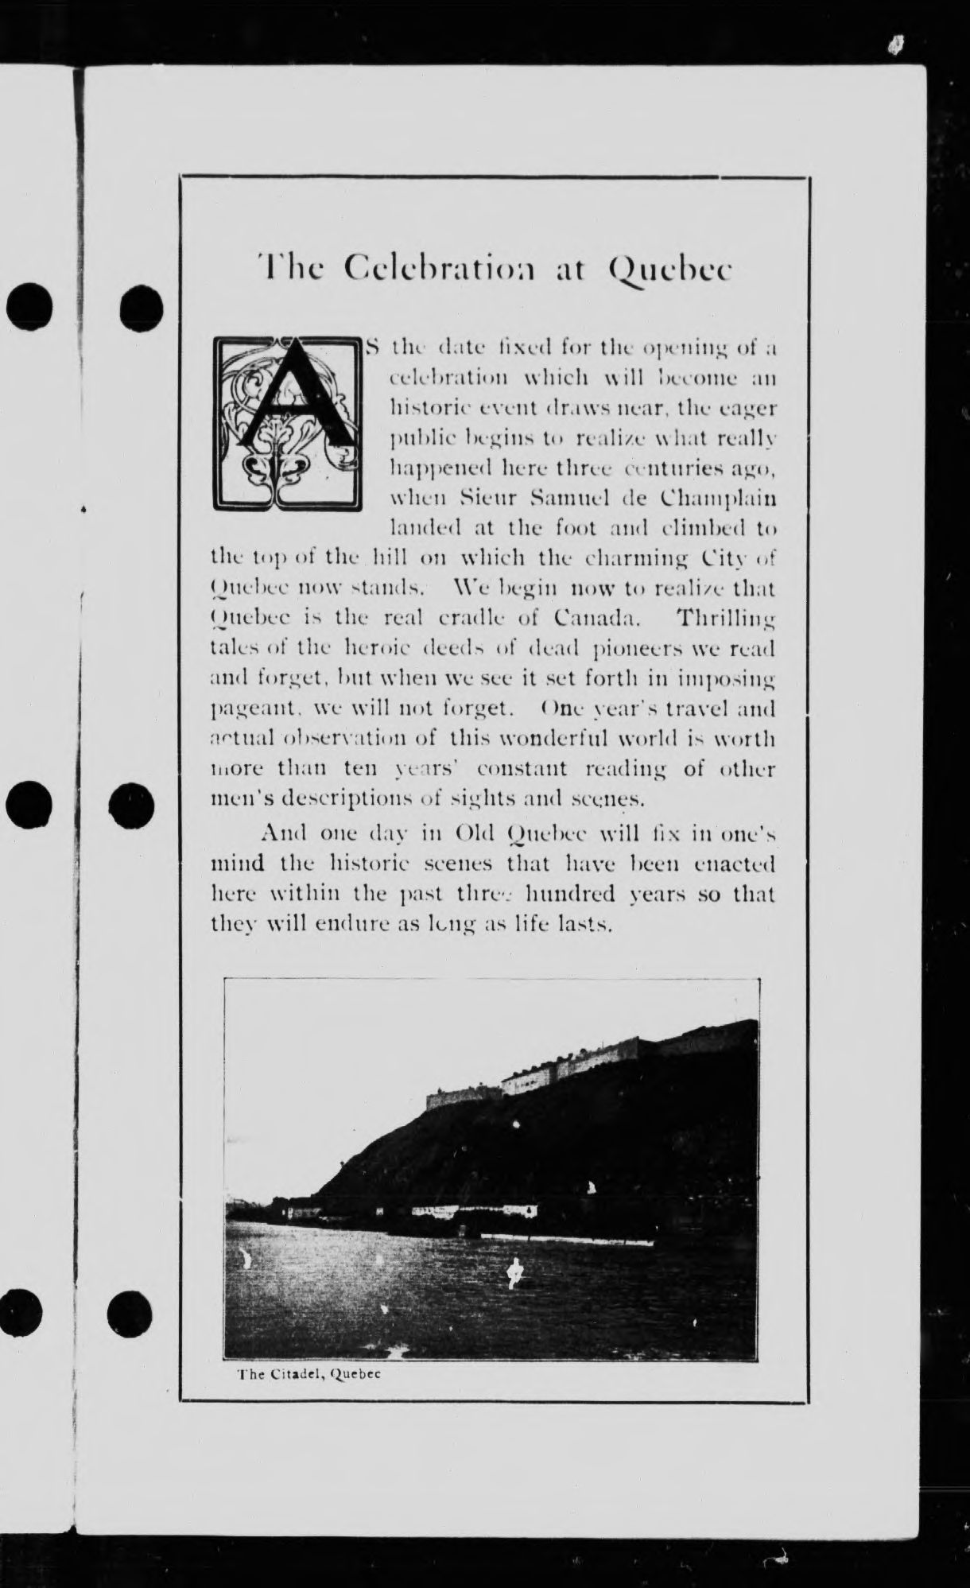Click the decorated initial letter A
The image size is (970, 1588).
click(x=287, y=423)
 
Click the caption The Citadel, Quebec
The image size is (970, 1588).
click(x=309, y=1374)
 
